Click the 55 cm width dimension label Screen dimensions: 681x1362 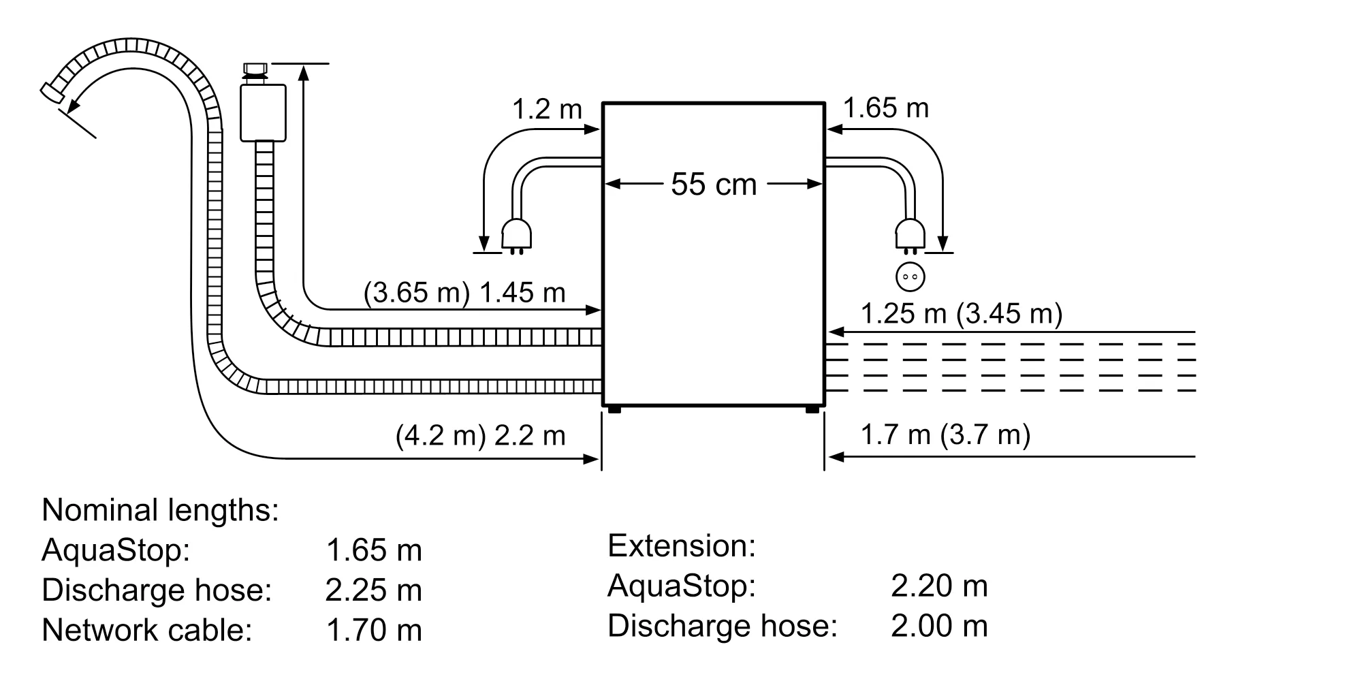click(713, 185)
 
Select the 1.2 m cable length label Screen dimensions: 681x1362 click(547, 109)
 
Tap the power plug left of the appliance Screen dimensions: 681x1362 click(516, 235)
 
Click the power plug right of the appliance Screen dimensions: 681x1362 click(910, 235)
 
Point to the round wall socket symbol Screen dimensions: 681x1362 click(910, 276)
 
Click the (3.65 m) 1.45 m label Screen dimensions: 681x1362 click(464, 293)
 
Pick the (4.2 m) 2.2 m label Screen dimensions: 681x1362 click(480, 436)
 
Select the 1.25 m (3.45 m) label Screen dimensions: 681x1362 click(961, 313)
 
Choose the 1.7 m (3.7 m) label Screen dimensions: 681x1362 click(945, 434)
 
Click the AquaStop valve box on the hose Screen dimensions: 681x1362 click(263, 112)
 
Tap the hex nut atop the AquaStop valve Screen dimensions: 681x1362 click(256, 68)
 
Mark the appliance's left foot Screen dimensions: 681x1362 click(614, 409)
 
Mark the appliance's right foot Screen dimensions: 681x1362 click(812, 409)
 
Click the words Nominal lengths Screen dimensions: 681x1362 click(160, 510)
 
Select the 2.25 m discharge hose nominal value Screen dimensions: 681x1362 click(373, 590)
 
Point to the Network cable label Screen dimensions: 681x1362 click(146, 630)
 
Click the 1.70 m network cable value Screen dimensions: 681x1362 click(374, 630)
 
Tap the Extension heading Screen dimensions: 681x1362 click(681, 546)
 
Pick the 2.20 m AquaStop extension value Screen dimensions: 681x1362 click(938, 586)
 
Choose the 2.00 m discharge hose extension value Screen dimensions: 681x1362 click(938, 626)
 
